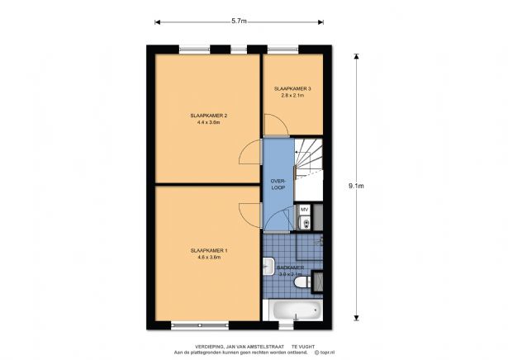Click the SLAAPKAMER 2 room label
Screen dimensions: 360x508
208,116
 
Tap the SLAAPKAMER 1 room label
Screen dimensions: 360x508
208,250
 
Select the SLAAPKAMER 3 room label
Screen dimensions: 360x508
292,88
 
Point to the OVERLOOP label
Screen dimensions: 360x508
278,185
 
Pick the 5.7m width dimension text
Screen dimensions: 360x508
240,20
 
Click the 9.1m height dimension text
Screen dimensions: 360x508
357,185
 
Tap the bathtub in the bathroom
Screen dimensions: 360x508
295,311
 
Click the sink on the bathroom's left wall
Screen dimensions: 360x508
268,267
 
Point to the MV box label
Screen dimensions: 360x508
304,210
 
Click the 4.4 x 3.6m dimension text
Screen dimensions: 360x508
208,122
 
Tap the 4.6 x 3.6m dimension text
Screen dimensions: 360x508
208,258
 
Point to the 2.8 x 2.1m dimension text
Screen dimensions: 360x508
292,96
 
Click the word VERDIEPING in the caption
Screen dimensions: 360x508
211,346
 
